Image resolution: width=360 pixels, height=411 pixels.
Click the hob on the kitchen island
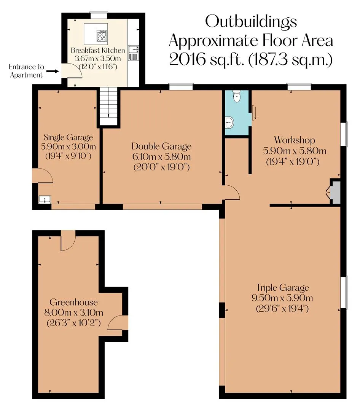pos(102,36)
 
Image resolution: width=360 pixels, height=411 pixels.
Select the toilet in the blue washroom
pos(237,96)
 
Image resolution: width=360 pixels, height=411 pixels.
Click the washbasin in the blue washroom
pos(229,122)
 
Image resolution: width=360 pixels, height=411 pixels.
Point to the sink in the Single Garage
pos(45,200)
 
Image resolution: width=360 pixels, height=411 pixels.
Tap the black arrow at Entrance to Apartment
pos(53,71)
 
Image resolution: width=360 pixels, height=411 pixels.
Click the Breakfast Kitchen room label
pos(98,50)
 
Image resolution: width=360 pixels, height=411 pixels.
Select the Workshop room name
pos(295,140)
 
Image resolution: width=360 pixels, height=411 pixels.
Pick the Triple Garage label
pos(282,288)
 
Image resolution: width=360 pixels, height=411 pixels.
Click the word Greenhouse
pos(74,302)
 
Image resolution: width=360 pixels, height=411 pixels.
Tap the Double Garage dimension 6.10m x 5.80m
pos(161,157)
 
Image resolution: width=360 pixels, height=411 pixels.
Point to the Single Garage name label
pos(68,137)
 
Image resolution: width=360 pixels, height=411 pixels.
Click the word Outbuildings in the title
pos(251,22)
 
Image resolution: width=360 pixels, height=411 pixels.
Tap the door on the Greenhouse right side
pos(118,323)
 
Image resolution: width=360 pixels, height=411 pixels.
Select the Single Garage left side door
pos(43,175)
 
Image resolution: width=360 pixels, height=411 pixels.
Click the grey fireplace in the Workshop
pos(333,192)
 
